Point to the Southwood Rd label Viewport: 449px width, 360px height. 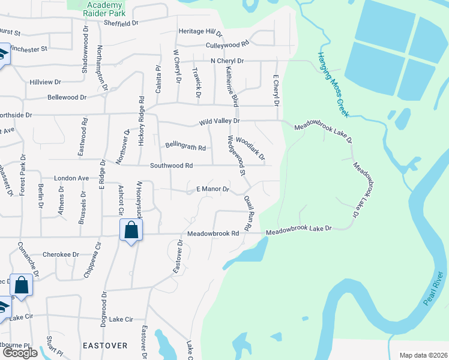click(171, 166)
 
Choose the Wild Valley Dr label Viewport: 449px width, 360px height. click(220, 121)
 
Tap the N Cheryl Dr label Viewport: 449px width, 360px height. click(227, 61)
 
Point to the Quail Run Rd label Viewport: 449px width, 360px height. click(247, 213)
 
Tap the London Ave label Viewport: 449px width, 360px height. click(71, 179)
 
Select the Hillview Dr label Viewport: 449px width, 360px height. click(46, 82)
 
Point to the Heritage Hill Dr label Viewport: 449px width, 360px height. click(200, 32)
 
